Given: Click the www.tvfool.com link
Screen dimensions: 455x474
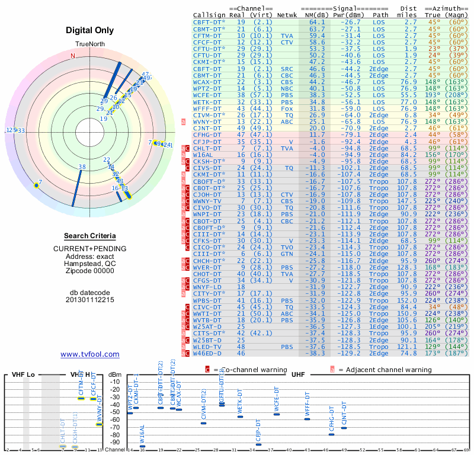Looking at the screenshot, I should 90,354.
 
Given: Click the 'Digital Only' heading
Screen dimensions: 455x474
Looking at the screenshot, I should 90,30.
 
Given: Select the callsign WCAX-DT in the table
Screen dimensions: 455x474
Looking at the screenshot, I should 207,82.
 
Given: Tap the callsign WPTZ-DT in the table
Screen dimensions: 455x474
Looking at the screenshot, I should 207,88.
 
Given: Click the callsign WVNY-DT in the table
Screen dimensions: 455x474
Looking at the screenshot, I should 207,121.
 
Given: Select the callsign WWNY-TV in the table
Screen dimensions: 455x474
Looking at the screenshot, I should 207,201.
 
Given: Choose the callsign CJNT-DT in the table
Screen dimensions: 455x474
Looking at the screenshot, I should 207,128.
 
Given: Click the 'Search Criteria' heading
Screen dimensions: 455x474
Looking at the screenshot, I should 90,236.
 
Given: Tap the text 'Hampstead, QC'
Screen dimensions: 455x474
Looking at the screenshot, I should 90,263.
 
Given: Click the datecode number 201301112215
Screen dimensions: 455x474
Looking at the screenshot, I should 90,300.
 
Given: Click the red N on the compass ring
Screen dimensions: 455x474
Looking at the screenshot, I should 73,56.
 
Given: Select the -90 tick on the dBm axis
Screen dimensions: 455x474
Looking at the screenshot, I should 114,441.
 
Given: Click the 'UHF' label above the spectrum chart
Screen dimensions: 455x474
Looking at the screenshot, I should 298,374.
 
